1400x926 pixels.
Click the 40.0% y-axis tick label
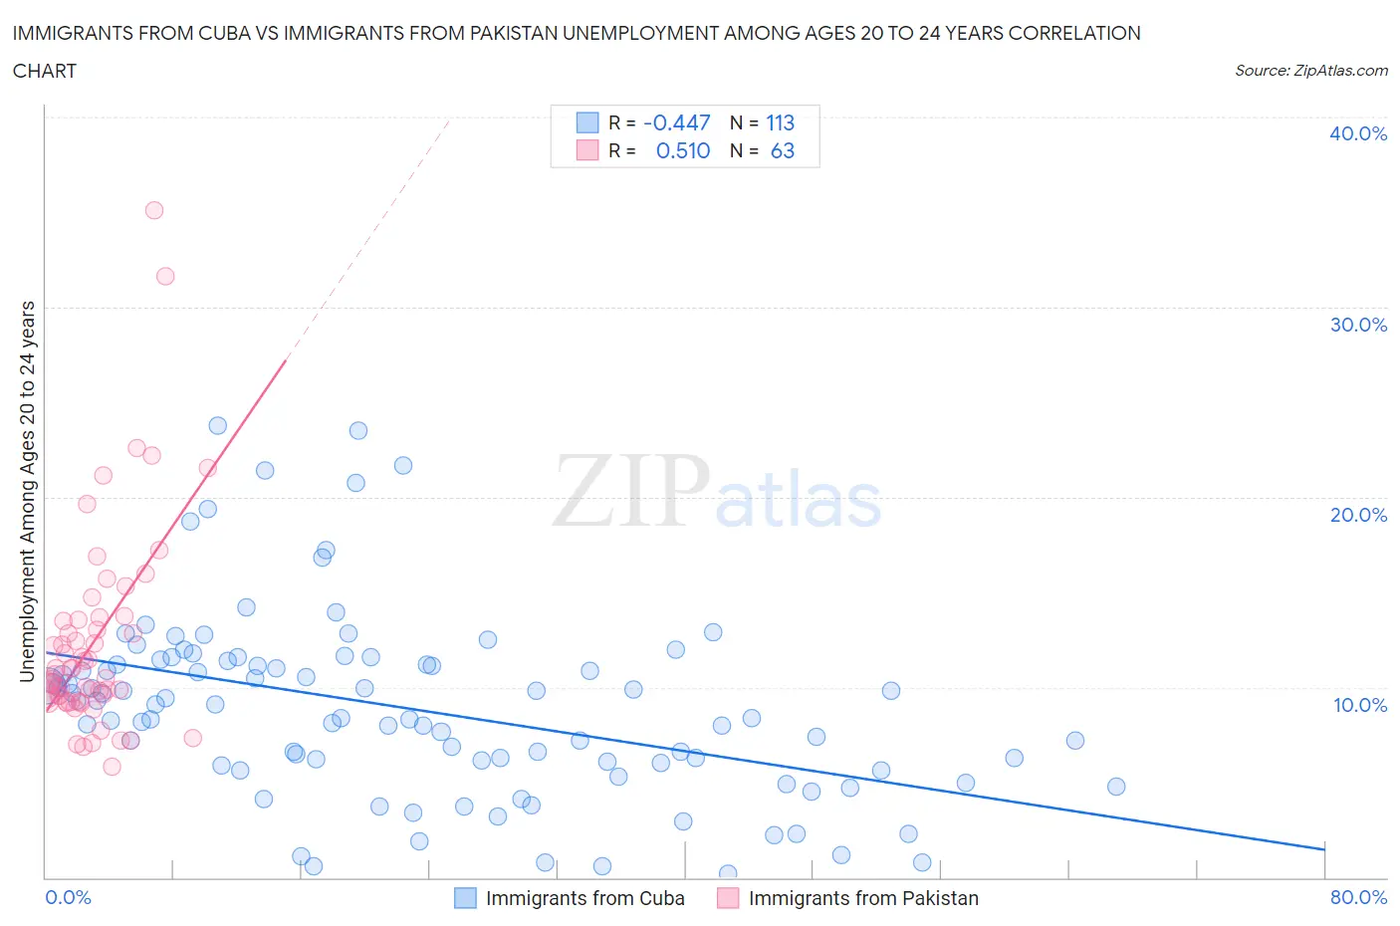pyautogui.click(x=1357, y=133)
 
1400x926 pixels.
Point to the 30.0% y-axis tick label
pyautogui.click(x=1357, y=325)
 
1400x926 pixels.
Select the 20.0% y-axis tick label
pyautogui.click(x=1357, y=515)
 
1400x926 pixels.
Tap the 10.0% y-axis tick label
pyautogui.click(x=1359, y=705)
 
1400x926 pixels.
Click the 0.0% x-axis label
pyautogui.click(x=68, y=897)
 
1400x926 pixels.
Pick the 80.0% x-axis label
pyautogui.click(x=1358, y=897)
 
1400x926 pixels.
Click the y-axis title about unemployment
pyautogui.click(x=27, y=491)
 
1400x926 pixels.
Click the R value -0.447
pyautogui.click(x=677, y=122)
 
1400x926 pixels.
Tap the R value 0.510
pyautogui.click(x=683, y=150)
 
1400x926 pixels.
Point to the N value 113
pyautogui.click(x=780, y=122)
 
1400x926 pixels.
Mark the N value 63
pyautogui.click(x=783, y=150)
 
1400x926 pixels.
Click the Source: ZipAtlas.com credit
pyautogui.click(x=1310, y=70)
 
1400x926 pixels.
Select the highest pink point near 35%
pyautogui.click(x=154, y=210)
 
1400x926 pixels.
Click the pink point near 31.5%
pyautogui.click(x=165, y=276)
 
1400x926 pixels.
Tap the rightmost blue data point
pyautogui.click(x=1116, y=787)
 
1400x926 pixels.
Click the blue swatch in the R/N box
pyautogui.click(x=587, y=122)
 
